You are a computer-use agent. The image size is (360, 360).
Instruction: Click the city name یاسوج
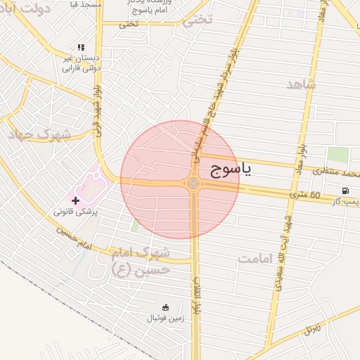pyautogui.click(x=230, y=169)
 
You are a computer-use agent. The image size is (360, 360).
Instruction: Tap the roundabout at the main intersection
pyautogui.click(x=193, y=184)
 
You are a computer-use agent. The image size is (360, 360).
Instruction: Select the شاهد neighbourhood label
pyautogui.click(x=301, y=84)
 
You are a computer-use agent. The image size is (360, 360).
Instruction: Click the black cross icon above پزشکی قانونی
pyautogui.click(x=76, y=200)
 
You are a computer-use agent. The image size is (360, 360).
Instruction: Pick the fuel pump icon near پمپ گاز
pyautogui.click(x=345, y=191)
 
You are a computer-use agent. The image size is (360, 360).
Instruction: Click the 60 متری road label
pyautogui.click(x=305, y=195)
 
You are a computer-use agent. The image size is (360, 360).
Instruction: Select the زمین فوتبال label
pyautogui.click(x=164, y=319)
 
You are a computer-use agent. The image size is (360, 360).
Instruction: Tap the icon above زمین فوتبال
pyautogui.click(x=165, y=307)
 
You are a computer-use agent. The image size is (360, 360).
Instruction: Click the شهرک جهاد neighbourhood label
pyautogui.click(x=39, y=134)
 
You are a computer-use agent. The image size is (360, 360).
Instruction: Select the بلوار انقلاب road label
pyautogui.click(x=199, y=295)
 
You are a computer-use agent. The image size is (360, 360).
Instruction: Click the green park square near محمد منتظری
pyautogui.click(x=338, y=155)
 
